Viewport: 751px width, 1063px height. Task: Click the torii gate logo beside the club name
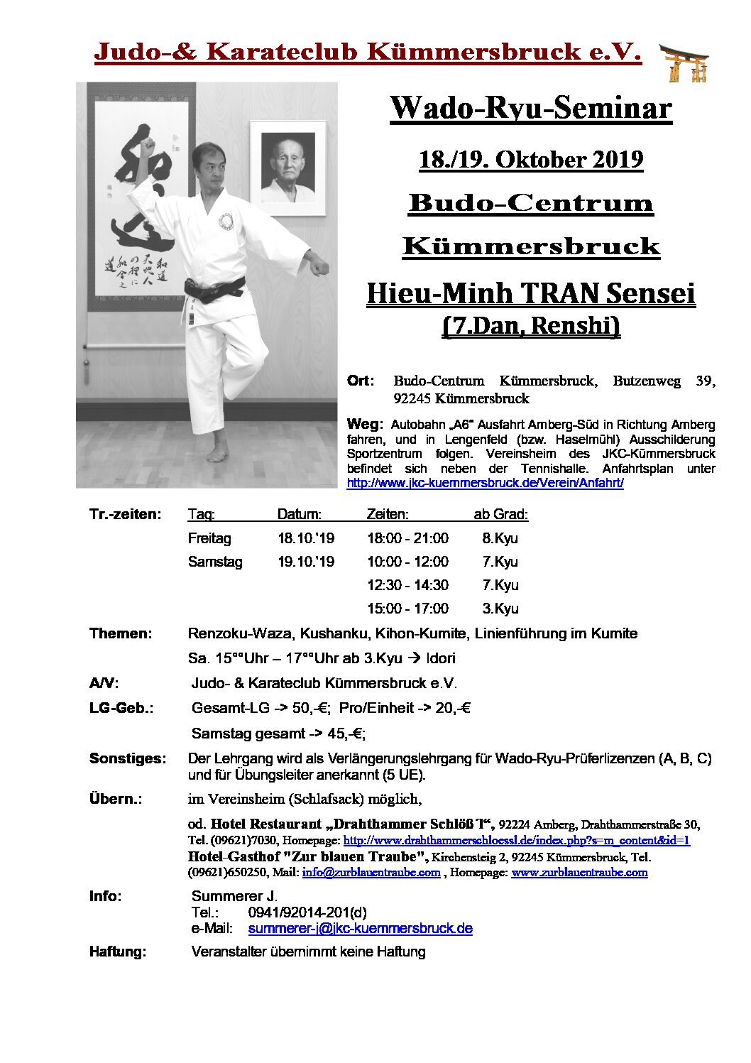[684, 62]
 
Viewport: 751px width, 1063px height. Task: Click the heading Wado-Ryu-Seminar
[530, 108]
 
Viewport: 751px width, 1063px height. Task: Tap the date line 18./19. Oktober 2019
[530, 159]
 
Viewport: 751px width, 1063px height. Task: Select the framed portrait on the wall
[287, 168]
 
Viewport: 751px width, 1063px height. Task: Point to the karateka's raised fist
[148, 147]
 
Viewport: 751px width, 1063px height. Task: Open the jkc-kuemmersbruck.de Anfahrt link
[485, 483]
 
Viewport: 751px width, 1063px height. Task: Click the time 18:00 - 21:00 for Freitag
[407, 538]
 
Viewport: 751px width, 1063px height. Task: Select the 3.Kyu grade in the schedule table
[500, 609]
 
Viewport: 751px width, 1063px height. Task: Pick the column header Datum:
[299, 514]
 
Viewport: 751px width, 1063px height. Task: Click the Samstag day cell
[215, 562]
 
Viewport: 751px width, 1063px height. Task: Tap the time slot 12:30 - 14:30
[407, 585]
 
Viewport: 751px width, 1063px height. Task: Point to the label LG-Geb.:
[121, 708]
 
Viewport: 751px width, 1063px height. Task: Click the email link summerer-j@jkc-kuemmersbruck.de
[360, 928]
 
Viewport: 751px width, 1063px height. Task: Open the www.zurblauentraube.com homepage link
[579, 872]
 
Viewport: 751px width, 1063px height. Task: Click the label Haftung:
[118, 952]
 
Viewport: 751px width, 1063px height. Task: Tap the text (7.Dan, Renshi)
[530, 325]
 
